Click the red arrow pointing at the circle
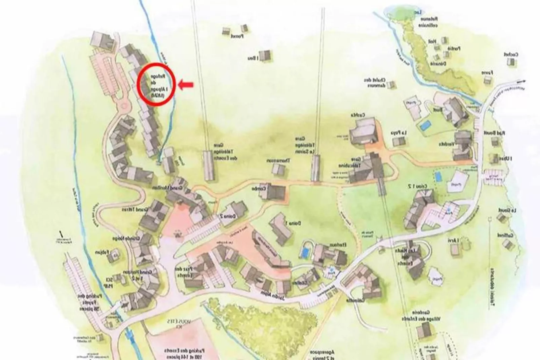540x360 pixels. click(x=186, y=85)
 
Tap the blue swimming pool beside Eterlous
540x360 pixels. click(x=306, y=252)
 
